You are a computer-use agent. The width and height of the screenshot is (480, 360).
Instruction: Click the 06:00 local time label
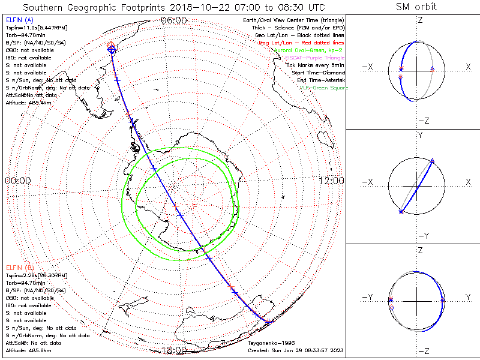[174, 20]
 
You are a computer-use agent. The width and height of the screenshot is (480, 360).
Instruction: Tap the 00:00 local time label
[17, 181]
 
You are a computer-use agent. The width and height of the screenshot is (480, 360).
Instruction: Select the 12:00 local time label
[331, 181]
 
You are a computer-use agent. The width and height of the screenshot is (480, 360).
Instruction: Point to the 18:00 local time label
[174, 350]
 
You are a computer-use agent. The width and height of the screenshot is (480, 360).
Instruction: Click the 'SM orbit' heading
[416, 7]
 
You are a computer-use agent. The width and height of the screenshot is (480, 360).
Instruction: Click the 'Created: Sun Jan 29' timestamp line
[296, 350]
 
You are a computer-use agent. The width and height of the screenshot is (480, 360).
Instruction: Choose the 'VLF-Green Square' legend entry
[323, 88]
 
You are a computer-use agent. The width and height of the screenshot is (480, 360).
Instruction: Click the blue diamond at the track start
[112, 50]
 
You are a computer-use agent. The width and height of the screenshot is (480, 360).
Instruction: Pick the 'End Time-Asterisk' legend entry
[319, 80]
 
